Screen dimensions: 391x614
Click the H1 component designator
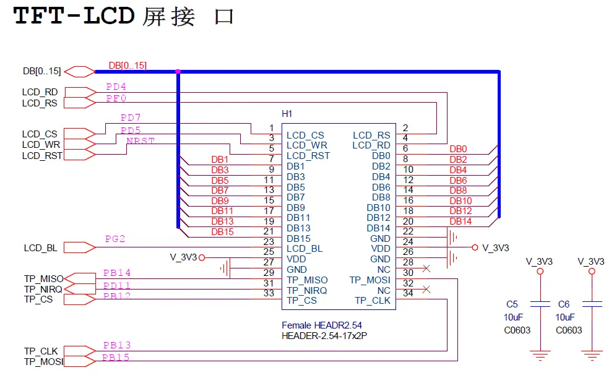[287, 114]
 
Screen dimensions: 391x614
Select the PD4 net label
[116, 87]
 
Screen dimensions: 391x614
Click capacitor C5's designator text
[512, 304]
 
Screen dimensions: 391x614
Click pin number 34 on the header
[409, 293]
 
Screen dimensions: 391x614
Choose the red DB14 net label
[460, 221]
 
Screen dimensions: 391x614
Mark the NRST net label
[141, 141]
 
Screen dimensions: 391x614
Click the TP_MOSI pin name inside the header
[370, 280]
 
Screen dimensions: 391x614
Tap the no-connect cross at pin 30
[426, 269]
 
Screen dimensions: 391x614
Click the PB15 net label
[116, 358]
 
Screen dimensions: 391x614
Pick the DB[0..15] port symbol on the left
[80, 71]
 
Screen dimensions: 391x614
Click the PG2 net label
[115, 239]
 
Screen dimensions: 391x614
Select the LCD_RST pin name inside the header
[308, 156]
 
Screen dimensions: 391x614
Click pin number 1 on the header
[271, 128]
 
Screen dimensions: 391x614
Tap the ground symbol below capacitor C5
[540, 355]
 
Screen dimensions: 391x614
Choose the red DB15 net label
[222, 232]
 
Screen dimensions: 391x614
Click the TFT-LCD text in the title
[74, 16]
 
